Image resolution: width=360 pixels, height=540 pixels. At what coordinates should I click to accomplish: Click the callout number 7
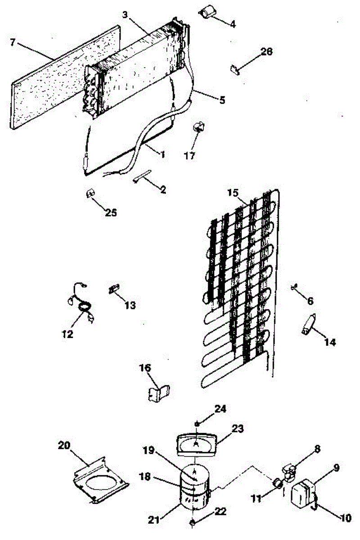pyautogui.click(x=13, y=43)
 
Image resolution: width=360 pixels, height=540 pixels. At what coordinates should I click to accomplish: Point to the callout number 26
pyautogui.click(x=267, y=52)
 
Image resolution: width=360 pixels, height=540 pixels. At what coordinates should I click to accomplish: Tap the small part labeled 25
pyautogui.click(x=90, y=193)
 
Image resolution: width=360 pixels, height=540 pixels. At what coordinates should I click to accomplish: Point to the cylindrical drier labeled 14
pyautogui.click(x=308, y=325)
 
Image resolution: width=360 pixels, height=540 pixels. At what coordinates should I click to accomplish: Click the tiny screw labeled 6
pyautogui.click(x=294, y=286)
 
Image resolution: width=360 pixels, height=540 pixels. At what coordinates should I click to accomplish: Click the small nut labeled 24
pyautogui.click(x=198, y=423)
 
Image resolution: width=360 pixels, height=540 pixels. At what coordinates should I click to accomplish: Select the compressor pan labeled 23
pyautogui.click(x=196, y=443)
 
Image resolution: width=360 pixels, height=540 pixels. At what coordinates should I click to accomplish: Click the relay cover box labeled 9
pyautogui.click(x=304, y=494)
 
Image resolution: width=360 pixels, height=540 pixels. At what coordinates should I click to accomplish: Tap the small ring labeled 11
pyautogui.click(x=278, y=484)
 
